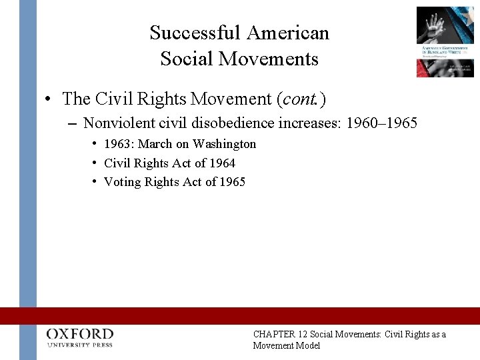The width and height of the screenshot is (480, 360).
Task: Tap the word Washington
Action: pos(224,144)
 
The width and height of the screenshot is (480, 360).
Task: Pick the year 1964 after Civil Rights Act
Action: pos(222,163)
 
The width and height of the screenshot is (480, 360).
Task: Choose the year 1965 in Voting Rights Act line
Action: pos(231,181)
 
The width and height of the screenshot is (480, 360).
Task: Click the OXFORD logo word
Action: pos(80,333)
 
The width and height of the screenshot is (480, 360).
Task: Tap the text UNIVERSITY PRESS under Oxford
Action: pos(80,345)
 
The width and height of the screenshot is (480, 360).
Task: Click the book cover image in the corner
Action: pos(445,41)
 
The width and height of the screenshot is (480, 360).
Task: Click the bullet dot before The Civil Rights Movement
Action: pos(49,100)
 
